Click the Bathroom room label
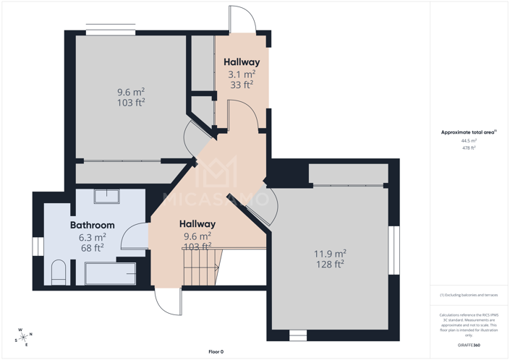[x=92, y=225]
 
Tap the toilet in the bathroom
[x=58, y=272]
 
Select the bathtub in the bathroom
[x=110, y=273]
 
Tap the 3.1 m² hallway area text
[x=241, y=74]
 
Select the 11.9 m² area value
[x=329, y=253]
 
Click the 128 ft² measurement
[x=329, y=264]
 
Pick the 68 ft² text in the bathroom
[x=92, y=247]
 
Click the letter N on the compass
[x=30, y=334]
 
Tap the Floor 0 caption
[x=216, y=351]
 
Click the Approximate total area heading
[x=468, y=132]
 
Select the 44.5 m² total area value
[x=468, y=140]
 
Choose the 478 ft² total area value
[x=468, y=147]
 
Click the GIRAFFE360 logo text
[x=468, y=346]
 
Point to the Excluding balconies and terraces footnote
[x=469, y=295]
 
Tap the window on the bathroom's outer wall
[x=38, y=246]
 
